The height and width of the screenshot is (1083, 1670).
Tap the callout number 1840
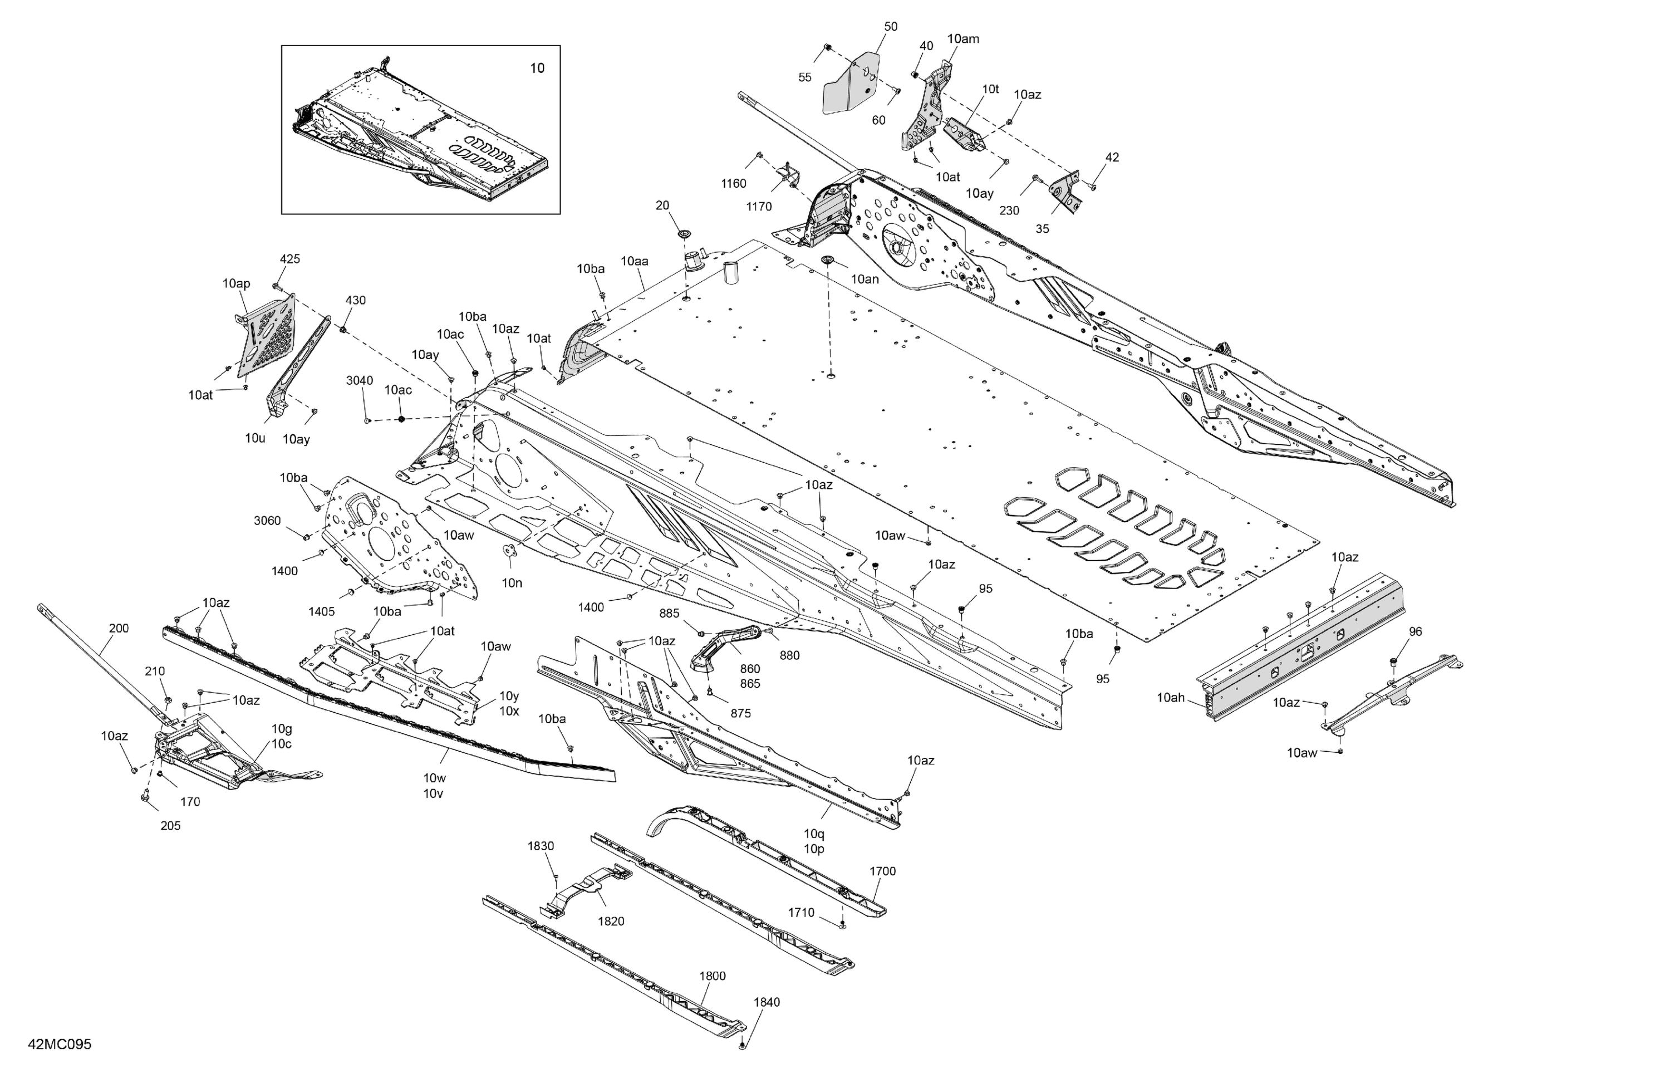click(x=766, y=1002)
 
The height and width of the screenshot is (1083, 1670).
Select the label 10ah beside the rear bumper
click(x=1171, y=698)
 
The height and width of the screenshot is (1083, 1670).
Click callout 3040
click(x=359, y=380)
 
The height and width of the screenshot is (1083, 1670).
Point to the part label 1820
click(x=611, y=921)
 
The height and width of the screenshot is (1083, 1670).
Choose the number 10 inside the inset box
click(x=537, y=68)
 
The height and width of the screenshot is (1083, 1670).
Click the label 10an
click(x=865, y=278)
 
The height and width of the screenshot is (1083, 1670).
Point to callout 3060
click(x=267, y=521)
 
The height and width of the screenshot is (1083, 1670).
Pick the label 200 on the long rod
click(x=119, y=628)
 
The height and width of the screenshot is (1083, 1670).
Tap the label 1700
click(x=882, y=871)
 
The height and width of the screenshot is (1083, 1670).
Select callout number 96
click(x=1415, y=631)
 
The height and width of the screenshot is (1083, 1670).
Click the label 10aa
click(x=634, y=261)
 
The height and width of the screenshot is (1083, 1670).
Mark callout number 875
click(x=740, y=713)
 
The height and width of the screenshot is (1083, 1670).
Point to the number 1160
click(x=733, y=183)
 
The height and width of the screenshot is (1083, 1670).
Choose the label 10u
click(x=255, y=438)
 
